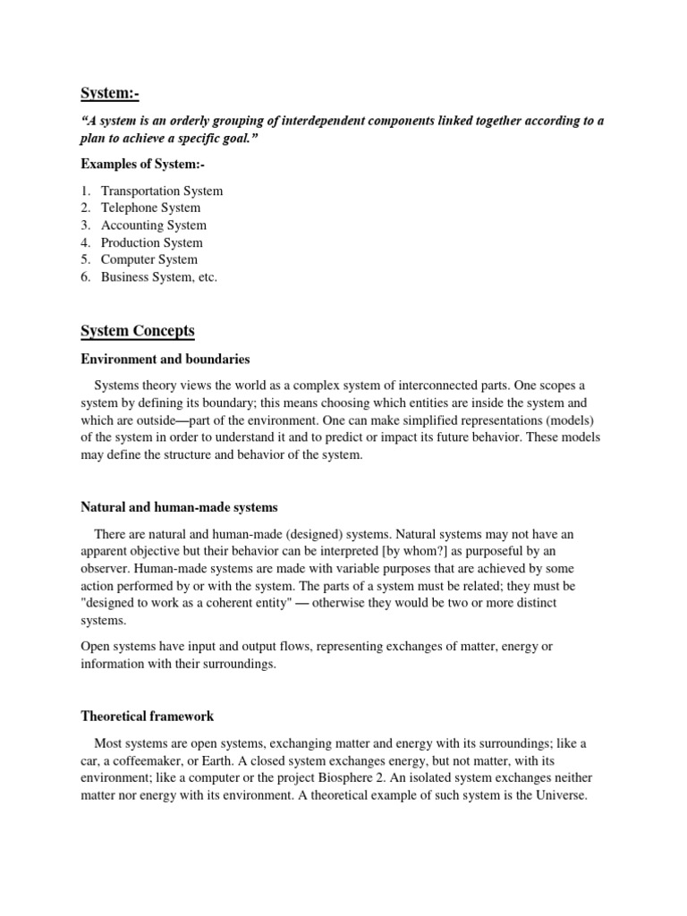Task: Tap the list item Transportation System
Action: tap(162, 191)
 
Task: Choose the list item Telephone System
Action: tap(150, 208)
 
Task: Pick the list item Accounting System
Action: tap(153, 225)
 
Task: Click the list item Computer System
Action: tap(149, 259)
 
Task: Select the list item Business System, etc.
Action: tap(159, 277)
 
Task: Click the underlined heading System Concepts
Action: tap(138, 331)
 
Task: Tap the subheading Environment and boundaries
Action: tap(165, 359)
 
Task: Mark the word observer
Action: tap(106, 569)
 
